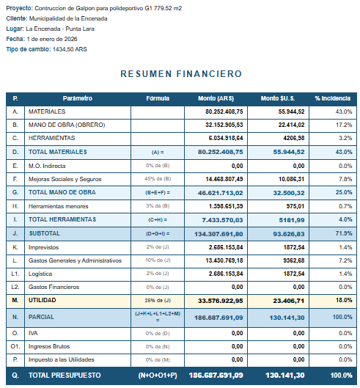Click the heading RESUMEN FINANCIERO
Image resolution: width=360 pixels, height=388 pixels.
pyautogui.click(x=180, y=74)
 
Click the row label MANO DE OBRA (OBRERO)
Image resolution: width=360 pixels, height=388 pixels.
pyautogui.click(x=66, y=125)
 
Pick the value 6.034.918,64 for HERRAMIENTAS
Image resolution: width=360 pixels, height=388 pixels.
pyautogui.click(x=223, y=138)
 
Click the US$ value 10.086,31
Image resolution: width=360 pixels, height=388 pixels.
pyautogui.click(x=290, y=179)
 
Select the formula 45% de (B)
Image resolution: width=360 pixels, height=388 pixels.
pyautogui.click(x=158, y=179)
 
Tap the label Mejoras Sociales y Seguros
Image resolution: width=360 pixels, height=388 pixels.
pyautogui.click(x=64, y=179)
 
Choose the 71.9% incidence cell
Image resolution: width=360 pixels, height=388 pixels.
pyautogui.click(x=342, y=233)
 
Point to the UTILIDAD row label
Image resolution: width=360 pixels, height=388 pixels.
pyautogui.click(x=42, y=301)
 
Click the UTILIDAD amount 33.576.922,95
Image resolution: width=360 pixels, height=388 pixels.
pyautogui.click(x=220, y=301)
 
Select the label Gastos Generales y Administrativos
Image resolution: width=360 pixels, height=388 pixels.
pyautogui.click(x=75, y=260)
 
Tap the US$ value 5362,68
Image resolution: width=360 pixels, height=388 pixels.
pyautogui.click(x=292, y=260)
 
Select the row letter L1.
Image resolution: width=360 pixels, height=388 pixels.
pyautogui.click(x=15, y=274)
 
